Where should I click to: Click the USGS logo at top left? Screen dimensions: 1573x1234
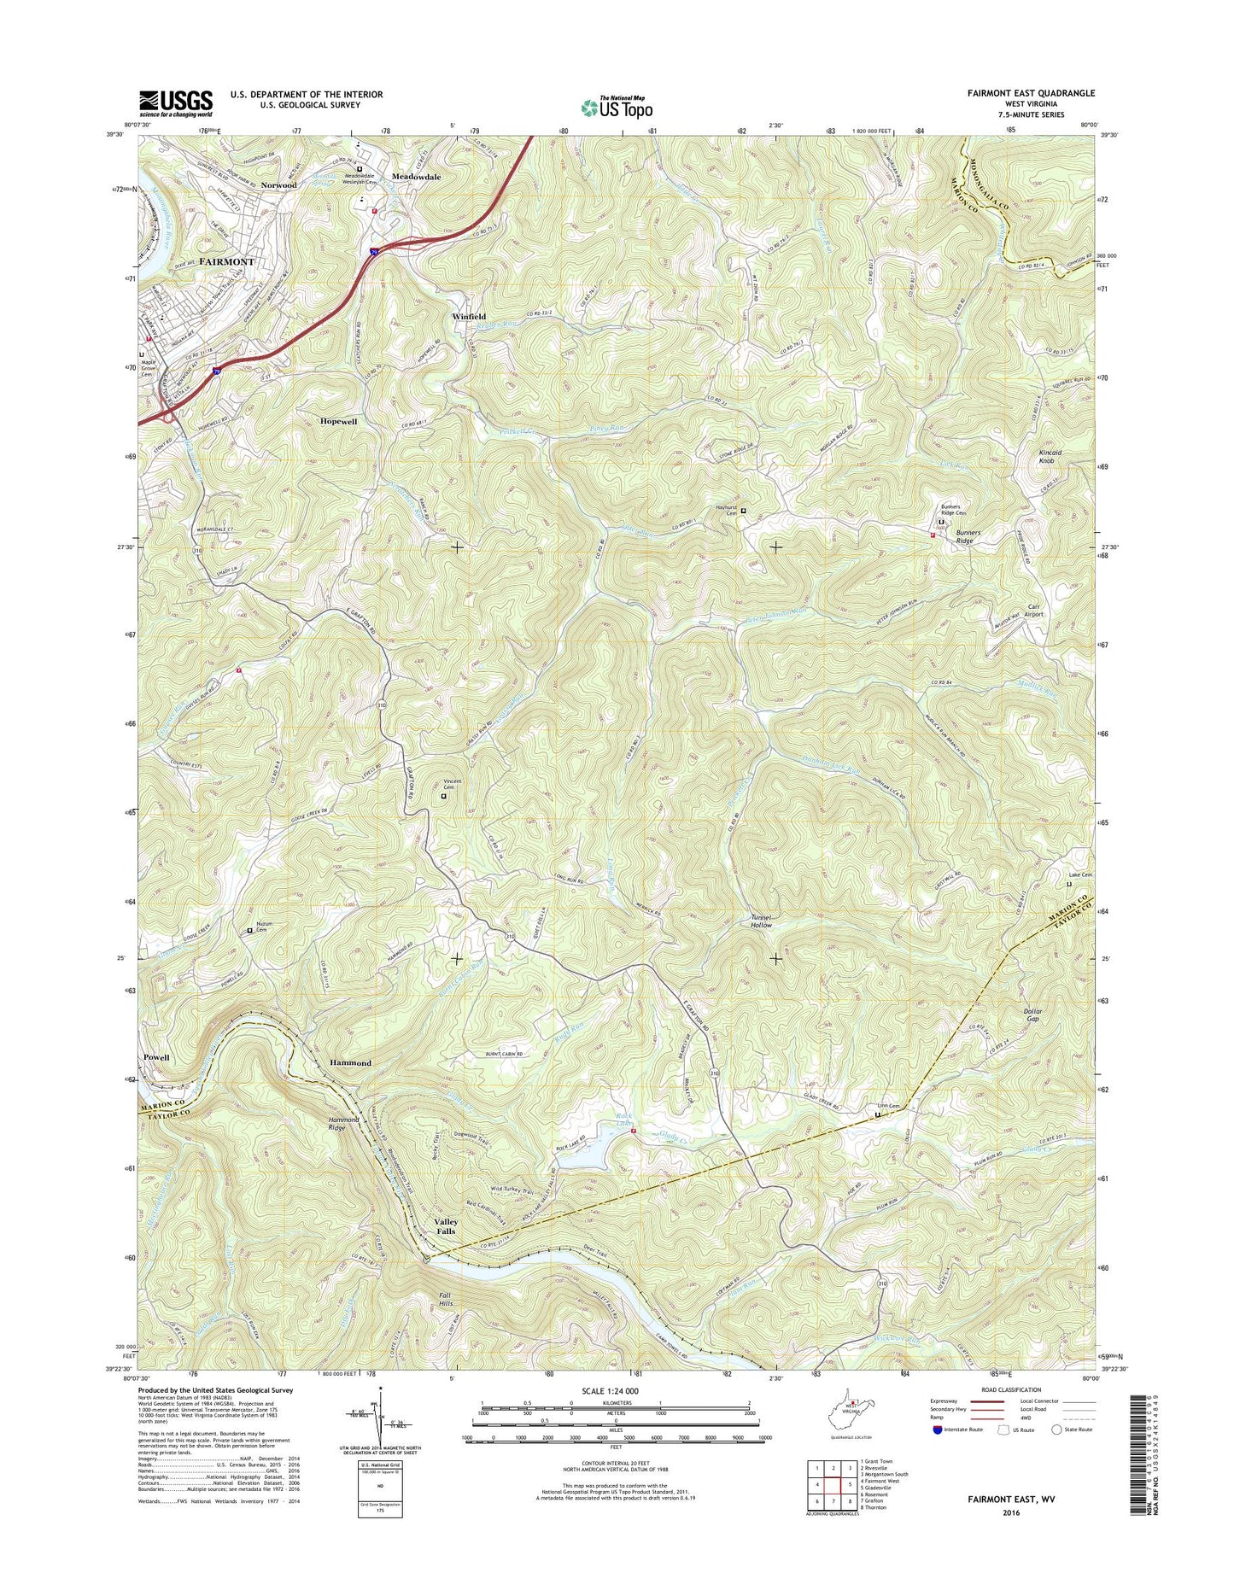pyautogui.click(x=175, y=103)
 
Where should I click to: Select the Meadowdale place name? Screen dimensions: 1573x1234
pyautogui.click(x=416, y=177)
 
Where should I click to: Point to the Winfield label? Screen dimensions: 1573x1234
pyautogui.click(x=469, y=316)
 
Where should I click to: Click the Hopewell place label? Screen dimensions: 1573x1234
pyautogui.click(x=338, y=422)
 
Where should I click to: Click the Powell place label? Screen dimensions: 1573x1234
pyautogui.click(x=156, y=1057)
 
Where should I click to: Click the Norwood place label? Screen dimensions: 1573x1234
pyautogui.click(x=279, y=184)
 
